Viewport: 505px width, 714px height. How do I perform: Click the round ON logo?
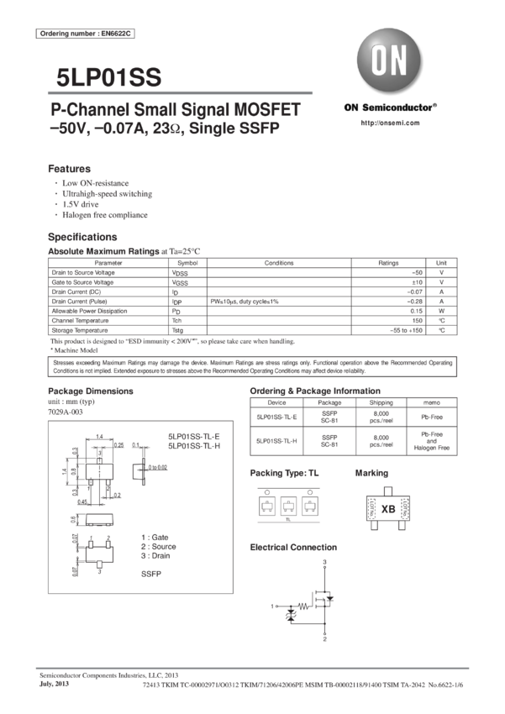(x=389, y=62)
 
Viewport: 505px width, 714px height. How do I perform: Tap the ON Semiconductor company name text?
(x=390, y=108)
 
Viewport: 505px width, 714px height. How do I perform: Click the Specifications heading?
(x=82, y=237)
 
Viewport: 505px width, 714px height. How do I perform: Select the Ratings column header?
(x=388, y=263)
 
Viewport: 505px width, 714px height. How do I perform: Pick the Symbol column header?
(x=187, y=263)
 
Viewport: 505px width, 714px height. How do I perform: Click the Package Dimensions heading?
(x=91, y=391)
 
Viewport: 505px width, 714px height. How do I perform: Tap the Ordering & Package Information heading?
(x=315, y=391)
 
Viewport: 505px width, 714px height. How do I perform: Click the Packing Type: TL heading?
(x=285, y=473)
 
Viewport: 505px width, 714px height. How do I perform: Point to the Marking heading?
(x=371, y=473)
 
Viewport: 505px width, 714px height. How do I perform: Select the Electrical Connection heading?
(x=293, y=547)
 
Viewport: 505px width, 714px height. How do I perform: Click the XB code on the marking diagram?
(x=388, y=509)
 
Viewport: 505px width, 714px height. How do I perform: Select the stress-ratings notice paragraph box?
(x=252, y=366)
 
